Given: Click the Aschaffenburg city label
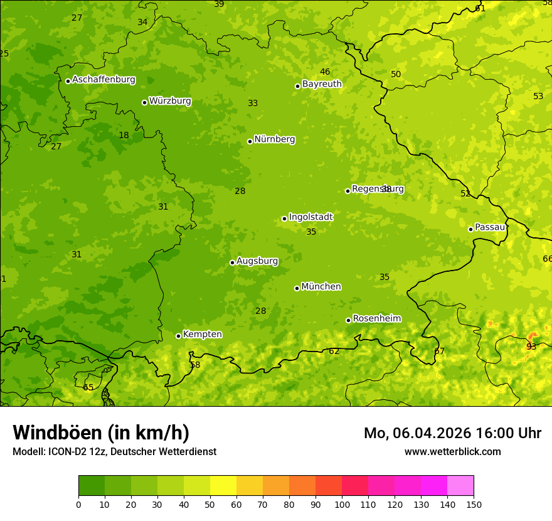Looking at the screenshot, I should pos(103,80).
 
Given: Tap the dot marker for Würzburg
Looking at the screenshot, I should pos(144,102).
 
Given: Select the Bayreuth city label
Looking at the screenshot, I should pos(322,84).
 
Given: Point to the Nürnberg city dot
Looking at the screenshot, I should pos(250,141).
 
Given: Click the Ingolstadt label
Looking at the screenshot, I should pos(310,217).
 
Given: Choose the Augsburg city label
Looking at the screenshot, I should pos(257,261).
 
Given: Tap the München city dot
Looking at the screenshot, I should pos(297,288).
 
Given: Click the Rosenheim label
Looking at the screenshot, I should pos(376,319).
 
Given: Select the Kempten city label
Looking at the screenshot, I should pos(202,335).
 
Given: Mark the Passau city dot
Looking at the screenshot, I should pos(470,229).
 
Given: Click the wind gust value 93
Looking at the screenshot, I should pos(531,346).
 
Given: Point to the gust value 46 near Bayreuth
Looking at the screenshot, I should pos(325,72).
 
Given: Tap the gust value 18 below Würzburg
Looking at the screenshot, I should pos(124,135).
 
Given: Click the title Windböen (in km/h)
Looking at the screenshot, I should pos(101,432).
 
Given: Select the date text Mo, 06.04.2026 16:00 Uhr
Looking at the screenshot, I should pos(452,433).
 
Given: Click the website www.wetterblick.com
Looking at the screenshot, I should pos(452,451).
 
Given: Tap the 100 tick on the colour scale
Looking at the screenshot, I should pos(342,504).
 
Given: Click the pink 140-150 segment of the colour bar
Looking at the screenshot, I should pos(460,486).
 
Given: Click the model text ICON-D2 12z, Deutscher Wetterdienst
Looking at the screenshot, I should pos(132,451).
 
